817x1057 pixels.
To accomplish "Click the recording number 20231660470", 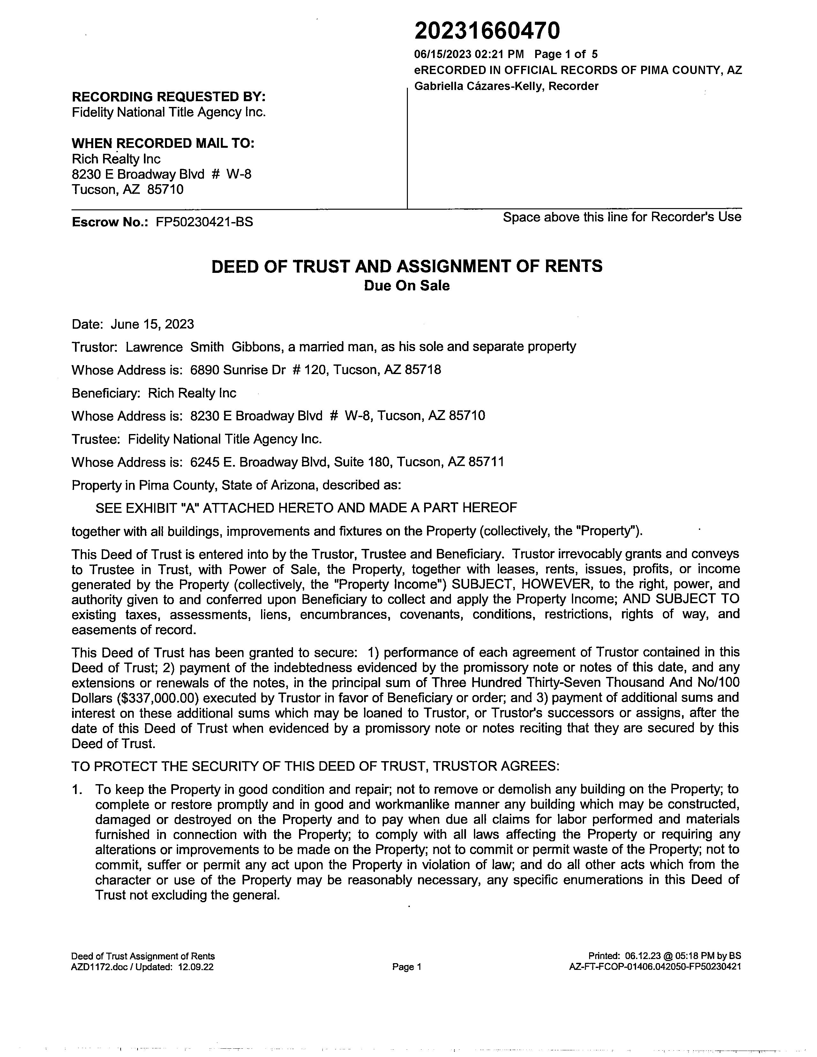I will (487, 31).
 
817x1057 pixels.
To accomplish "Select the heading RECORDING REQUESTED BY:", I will (169, 97).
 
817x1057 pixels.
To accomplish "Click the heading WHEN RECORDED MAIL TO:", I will (163, 143).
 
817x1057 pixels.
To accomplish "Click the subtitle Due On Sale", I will (407, 286).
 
